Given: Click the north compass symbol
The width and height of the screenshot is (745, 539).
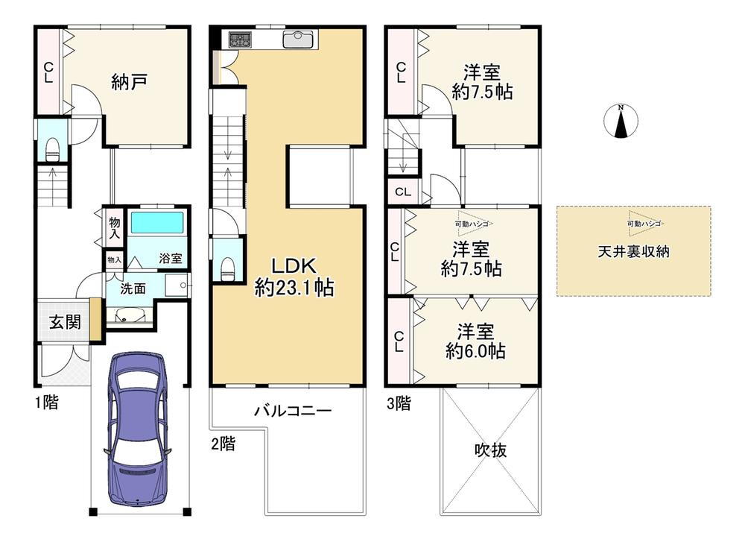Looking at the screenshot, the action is click(621, 121).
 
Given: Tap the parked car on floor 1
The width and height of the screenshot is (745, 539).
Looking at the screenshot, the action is click(139, 428).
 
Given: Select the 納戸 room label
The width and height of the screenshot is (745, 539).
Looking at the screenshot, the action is click(129, 82).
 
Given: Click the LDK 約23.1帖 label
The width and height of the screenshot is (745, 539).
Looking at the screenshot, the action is click(294, 277).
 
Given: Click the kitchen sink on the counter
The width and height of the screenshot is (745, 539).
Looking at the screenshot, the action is click(299, 39).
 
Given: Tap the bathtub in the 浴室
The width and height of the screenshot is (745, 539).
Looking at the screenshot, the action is click(156, 222).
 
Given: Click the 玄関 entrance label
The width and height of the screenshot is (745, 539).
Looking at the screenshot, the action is click(65, 322).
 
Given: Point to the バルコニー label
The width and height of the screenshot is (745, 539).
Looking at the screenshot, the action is click(292, 411).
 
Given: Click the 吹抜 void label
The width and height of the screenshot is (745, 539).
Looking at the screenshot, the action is click(491, 450).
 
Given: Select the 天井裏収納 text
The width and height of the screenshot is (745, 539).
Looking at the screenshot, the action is click(633, 251).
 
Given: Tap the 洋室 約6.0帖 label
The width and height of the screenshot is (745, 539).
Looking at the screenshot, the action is click(475, 341).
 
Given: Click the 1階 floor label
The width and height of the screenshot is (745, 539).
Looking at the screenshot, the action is click(47, 403).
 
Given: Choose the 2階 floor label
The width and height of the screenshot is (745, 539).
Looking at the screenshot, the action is click(223, 444).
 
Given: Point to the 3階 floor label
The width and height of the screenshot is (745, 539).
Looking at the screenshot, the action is click(399, 403).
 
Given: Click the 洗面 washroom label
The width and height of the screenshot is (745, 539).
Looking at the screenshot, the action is click(133, 289).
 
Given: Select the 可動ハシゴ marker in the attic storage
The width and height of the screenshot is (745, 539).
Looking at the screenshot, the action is click(644, 224).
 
